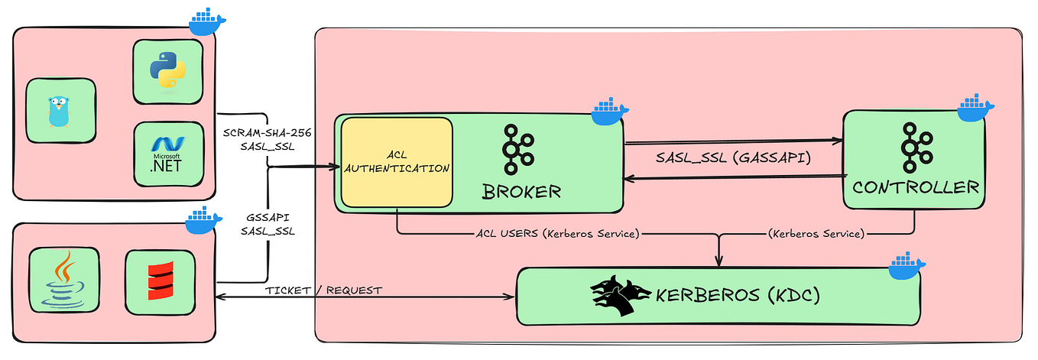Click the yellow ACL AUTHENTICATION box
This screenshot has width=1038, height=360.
click(x=397, y=162)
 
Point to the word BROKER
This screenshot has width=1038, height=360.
click(x=521, y=191)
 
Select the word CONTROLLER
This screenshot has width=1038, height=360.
click(x=916, y=186)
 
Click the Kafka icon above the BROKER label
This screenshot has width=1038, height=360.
click(x=521, y=148)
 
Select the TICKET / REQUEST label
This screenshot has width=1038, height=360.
click(x=323, y=290)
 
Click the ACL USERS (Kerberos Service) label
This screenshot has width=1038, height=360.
click(x=556, y=234)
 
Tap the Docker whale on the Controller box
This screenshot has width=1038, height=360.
click(x=975, y=109)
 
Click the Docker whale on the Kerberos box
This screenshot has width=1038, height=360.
click(x=907, y=267)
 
